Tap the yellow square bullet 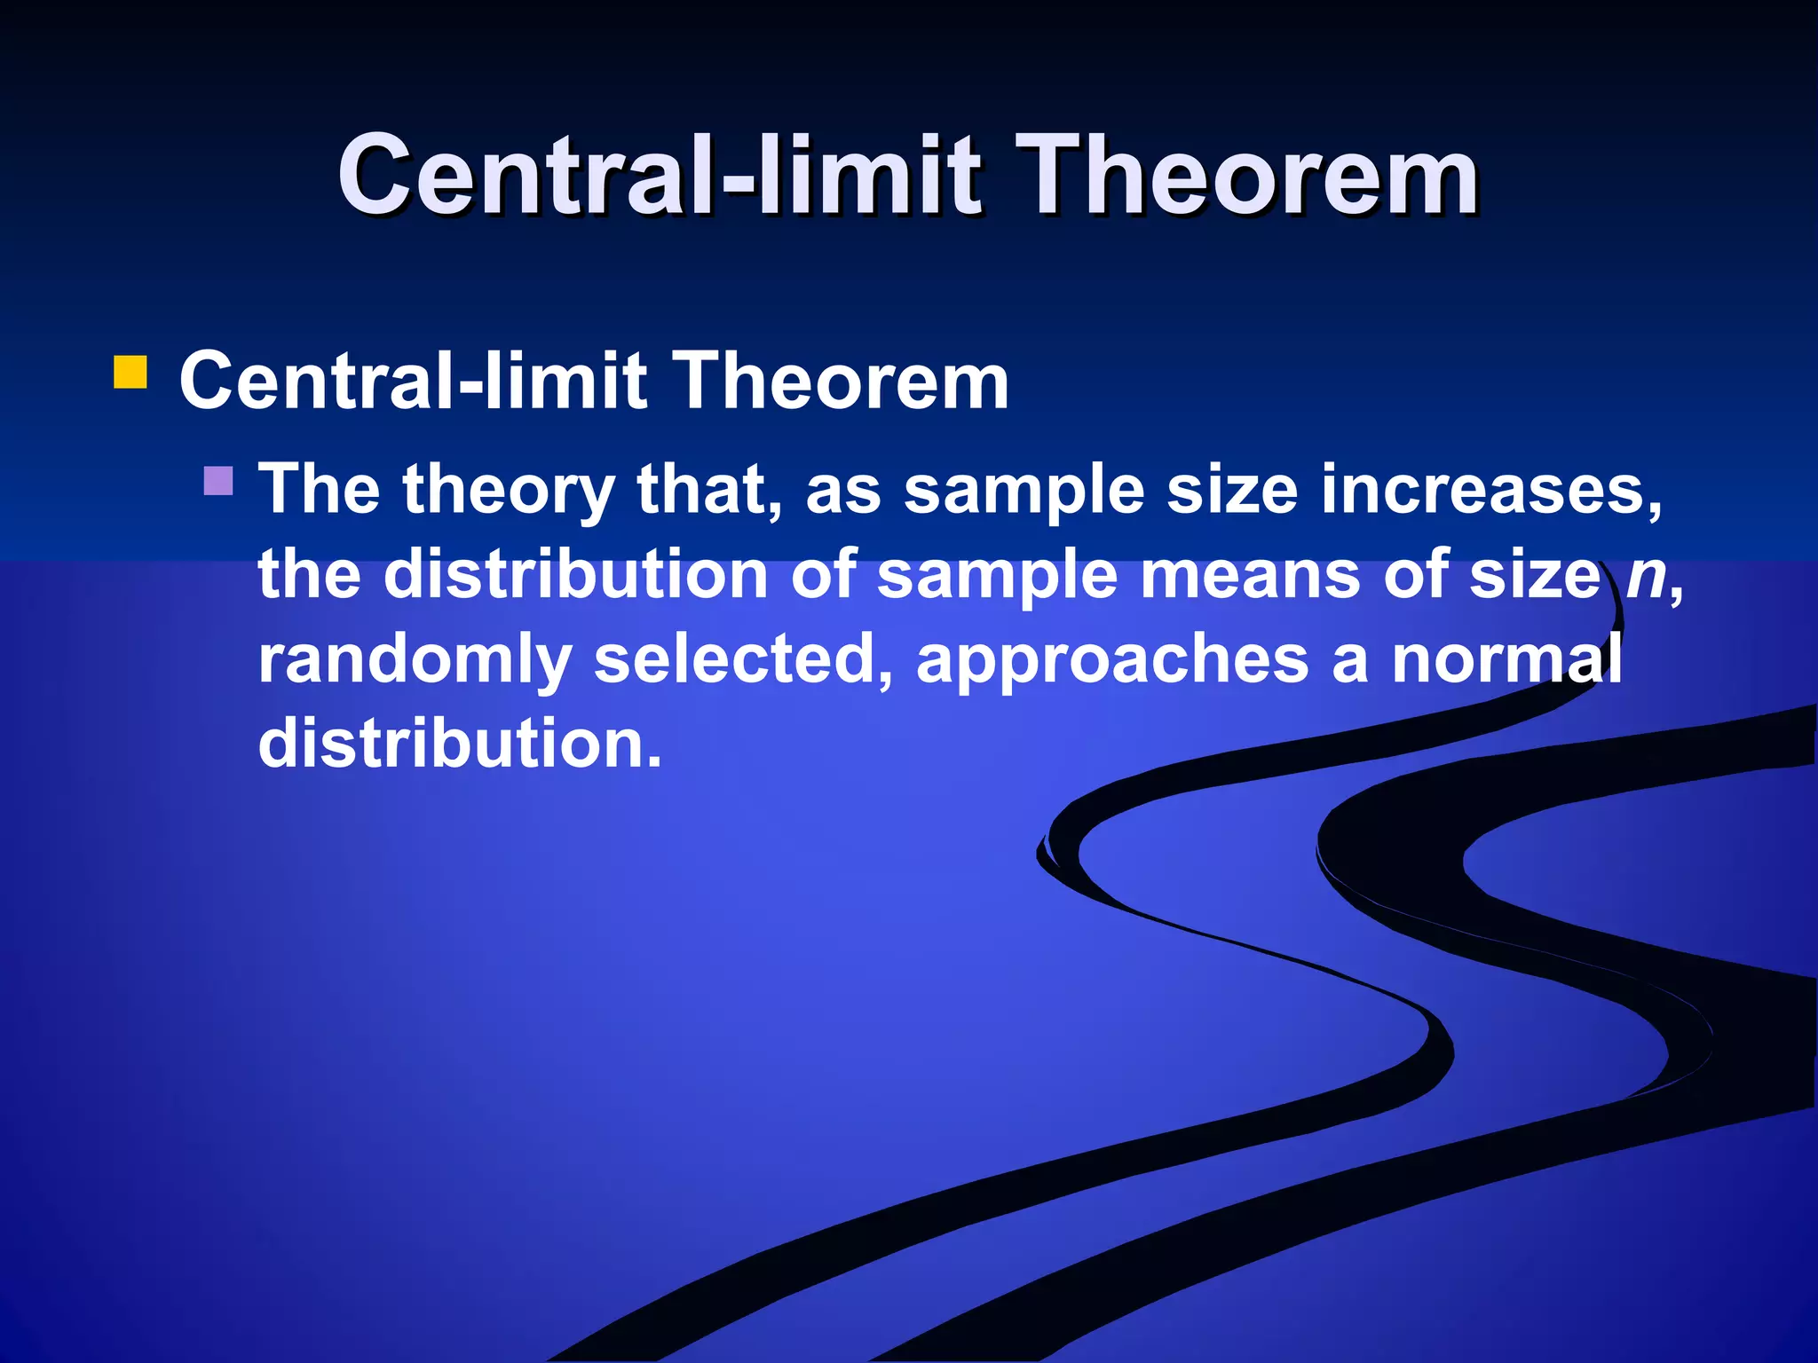click(x=130, y=373)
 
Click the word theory click(x=509, y=490)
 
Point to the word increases click(x=1491, y=490)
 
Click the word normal click(x=1506, y=659)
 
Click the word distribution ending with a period click(x=460, y=744)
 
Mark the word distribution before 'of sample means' click(x=575, y=575)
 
